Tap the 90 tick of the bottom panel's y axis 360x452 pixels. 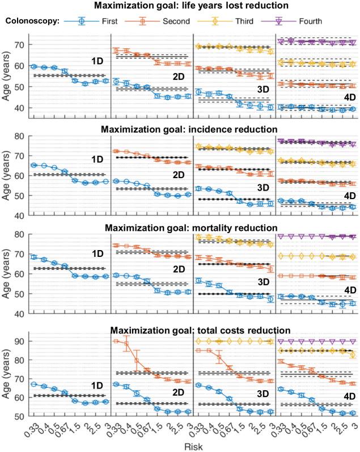[18, 341]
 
